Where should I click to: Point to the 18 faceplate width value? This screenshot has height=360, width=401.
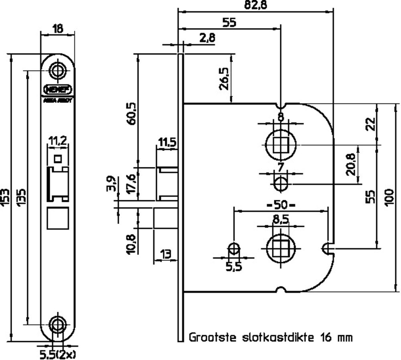(x=58, y=28)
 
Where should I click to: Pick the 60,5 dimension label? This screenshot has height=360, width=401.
(x=131, y=116)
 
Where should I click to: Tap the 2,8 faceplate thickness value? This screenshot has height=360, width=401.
(x=207, y=38)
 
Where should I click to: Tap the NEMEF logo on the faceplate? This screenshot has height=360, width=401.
(x=58, y=89)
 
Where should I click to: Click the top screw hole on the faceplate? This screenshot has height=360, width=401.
(x=58, y=70)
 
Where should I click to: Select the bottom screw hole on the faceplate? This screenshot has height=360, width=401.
(x=58, y=323)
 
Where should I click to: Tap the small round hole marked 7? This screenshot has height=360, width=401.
(x=281, y=185)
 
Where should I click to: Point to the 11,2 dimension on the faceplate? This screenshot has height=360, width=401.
(x=58, y=140)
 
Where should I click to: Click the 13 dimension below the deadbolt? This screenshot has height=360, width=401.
(x=165, y=254)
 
